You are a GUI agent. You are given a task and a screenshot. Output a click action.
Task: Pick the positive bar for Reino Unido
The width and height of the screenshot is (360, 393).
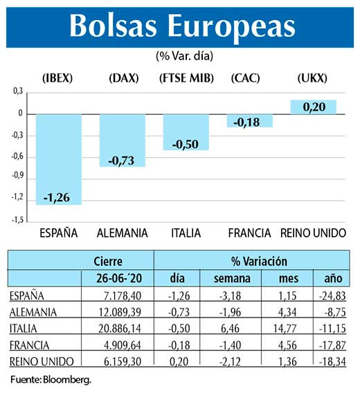313,107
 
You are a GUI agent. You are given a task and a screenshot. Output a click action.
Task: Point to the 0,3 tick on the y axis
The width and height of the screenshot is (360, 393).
18,91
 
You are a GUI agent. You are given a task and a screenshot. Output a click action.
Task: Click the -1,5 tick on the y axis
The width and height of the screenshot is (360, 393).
17,219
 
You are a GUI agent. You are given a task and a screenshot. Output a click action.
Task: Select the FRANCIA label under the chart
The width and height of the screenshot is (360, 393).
249,233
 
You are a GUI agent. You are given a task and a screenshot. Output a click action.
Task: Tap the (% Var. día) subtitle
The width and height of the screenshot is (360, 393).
179,55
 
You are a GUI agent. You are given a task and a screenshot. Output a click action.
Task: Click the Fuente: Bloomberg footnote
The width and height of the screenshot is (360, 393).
51,380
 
